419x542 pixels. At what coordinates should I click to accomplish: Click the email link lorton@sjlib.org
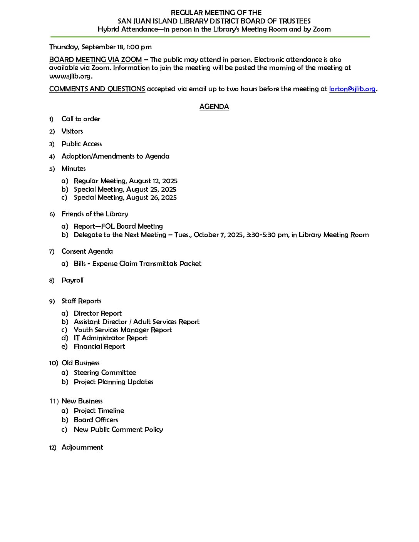[352, 89]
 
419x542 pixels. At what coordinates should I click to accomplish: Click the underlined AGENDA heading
[214, 107]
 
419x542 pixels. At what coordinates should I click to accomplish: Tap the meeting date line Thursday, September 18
[100, 47]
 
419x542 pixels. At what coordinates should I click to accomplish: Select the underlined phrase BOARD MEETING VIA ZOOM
[96, 60]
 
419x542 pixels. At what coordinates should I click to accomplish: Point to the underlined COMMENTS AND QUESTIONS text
[97, 89]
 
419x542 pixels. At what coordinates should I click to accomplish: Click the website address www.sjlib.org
[70, 76]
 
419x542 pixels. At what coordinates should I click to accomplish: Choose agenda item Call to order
[81, 119]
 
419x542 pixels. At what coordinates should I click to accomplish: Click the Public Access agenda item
[82, 144]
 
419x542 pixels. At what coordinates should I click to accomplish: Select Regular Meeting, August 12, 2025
[126, 181]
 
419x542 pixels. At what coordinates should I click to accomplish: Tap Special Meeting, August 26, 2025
[125, 197]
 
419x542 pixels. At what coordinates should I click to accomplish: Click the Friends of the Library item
[95, 214]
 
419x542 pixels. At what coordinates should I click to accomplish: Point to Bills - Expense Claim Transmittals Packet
[137, 264]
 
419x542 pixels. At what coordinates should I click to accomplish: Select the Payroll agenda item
[72, 280]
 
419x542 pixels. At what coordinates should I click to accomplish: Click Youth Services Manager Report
[122, 330]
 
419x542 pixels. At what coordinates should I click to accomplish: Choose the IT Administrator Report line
[111, 338]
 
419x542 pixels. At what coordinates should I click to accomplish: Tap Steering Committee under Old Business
[105, 373]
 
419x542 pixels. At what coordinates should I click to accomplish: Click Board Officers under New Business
[96, 420]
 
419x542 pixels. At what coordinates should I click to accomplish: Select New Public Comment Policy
[118, 430]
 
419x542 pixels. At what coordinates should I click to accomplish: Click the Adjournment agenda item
[82, 447]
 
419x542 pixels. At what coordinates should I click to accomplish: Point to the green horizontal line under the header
[210, 37]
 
